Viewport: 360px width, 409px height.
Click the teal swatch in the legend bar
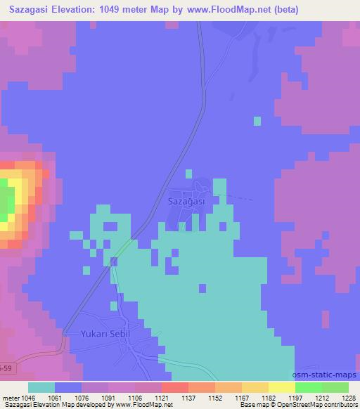tap(41, 387)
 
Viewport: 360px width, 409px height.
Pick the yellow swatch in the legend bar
tap(282, 387)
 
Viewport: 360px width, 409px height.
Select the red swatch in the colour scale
tap(175, 387)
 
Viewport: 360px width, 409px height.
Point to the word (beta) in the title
tap(283, 10)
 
